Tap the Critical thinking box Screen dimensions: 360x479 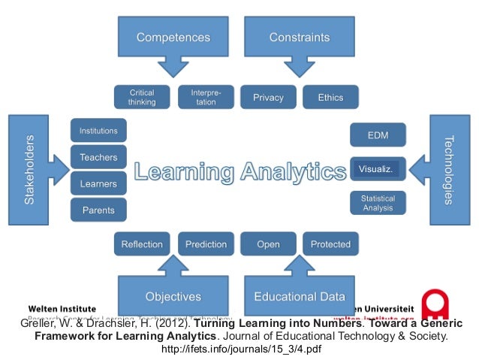pos(141,97)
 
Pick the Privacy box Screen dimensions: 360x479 pos(268,97)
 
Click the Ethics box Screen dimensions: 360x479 pos(330,97)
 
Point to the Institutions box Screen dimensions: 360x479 pos(98,131)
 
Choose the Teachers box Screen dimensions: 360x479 pos(98,157)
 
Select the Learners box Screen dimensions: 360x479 pos(98,183)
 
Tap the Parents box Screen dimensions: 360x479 pos(98,210)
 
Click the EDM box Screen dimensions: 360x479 pos(378,135)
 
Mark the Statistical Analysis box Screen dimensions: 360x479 pos(378,203)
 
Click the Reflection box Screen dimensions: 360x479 pos(142,244)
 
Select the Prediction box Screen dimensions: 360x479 pos(206,244)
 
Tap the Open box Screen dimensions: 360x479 pos(268,244)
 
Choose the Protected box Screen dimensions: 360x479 pos(330,244)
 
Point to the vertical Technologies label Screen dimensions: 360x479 pos(448,170)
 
